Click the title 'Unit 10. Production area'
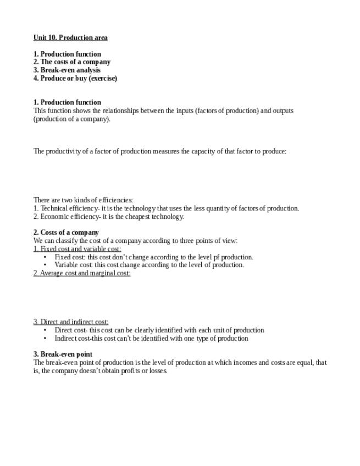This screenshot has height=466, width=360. point(70,37)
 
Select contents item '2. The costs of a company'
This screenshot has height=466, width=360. point(72,62)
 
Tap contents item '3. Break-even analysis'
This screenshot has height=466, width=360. point(67,70)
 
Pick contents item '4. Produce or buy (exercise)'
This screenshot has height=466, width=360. point(75,78)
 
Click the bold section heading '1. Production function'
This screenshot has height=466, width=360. point(67,102)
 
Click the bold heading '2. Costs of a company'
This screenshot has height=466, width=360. point(66,232)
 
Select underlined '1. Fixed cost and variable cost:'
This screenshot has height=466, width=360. point(77,249)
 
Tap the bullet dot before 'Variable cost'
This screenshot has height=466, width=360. point(45,265)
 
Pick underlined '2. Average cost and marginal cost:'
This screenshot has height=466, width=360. point(82,273)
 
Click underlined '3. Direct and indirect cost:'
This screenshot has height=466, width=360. point(71,322)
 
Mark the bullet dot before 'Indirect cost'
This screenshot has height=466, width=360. point(45,339)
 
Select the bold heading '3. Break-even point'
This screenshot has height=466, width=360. point(63,354)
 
